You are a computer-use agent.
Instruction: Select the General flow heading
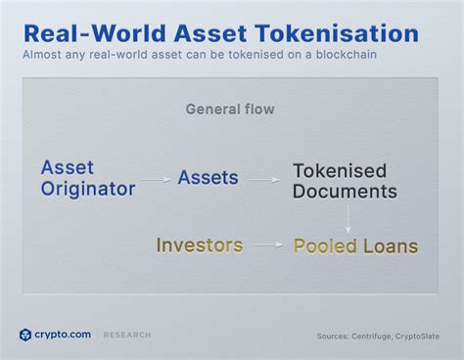(231, 109)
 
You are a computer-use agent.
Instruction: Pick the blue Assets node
(208, 177)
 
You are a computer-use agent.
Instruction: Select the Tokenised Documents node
(346, 181)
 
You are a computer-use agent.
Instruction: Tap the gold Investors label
(199, 245)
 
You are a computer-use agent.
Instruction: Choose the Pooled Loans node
(355, 246)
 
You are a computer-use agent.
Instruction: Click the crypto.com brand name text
(64, 335)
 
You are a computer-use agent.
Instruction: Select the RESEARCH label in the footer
(127, 336)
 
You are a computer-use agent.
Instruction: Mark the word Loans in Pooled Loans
(388, 246)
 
